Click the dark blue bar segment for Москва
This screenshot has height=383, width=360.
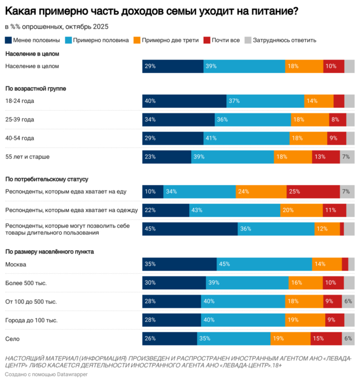coord(179,264)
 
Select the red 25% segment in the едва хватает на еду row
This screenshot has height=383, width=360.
coord(313,191)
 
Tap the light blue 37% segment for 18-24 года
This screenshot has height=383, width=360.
coord(265,101)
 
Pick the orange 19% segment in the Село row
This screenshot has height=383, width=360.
coord(291,338)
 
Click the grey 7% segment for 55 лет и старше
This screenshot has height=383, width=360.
coord(347,157)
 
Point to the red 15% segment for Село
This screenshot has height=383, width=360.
coord(326,338)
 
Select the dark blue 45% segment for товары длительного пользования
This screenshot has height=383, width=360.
coord(190,229)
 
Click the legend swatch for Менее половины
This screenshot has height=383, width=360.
coord(8,40)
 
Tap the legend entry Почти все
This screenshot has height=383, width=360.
coord(225,40)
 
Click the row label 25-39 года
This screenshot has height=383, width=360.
coord(20,120)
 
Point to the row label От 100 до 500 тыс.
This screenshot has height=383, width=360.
coord(31,302)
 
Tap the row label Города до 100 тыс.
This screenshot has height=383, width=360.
coord(31,320)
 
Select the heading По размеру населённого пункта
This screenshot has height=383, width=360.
coord(45,252)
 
